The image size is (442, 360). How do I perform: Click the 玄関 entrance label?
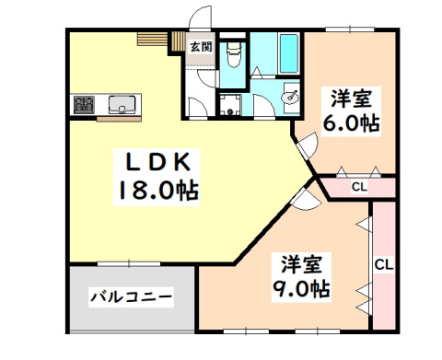(200, 47)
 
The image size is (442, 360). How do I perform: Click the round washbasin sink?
(291, 95)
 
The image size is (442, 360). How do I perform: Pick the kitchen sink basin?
(122, 103)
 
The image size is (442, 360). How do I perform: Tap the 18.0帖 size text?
(157, 192)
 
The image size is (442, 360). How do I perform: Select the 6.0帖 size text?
(350, 122)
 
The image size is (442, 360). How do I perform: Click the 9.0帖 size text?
(301, 288)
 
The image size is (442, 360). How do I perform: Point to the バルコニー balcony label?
(131, 297)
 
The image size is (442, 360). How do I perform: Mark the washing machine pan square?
(231, 103)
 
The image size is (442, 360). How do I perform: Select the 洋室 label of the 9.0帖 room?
(301, 262)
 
